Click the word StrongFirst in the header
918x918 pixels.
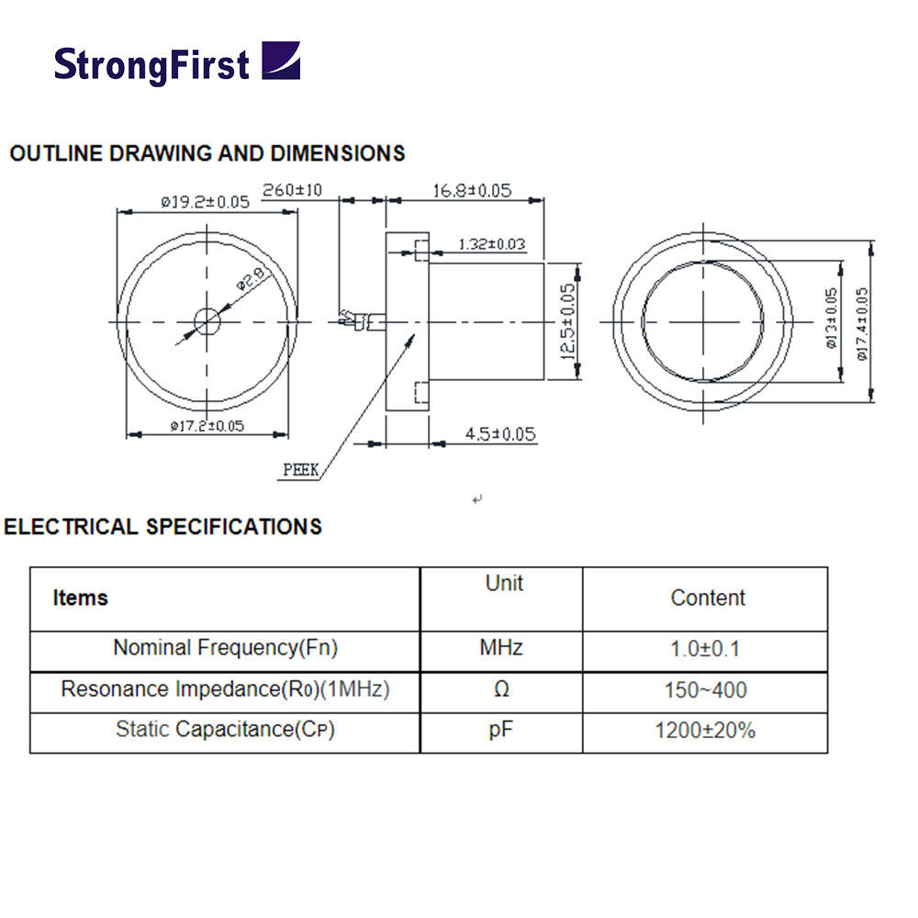click(x=151, y=64)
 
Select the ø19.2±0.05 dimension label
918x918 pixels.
click(x=205, y=202)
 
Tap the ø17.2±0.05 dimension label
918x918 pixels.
click(x=207, y=425)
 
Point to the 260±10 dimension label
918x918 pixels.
click(x=292, y=190)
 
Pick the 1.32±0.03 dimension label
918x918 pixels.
click(x=492, y=244)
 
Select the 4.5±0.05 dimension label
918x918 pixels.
click(x=499, y=434)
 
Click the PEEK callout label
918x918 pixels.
click(x=300, y=470)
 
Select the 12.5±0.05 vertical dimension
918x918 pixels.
click(x=568, y=321)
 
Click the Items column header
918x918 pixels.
click(x=81, y=599)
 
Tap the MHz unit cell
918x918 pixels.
click(x=501, y=648)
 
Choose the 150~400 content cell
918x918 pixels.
click(x=705, y=690)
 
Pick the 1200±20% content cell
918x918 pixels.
click(x=705, y=732)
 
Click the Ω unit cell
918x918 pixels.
click(x=501, y=690)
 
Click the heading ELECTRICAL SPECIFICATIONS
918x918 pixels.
click(x=162, y=527)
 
